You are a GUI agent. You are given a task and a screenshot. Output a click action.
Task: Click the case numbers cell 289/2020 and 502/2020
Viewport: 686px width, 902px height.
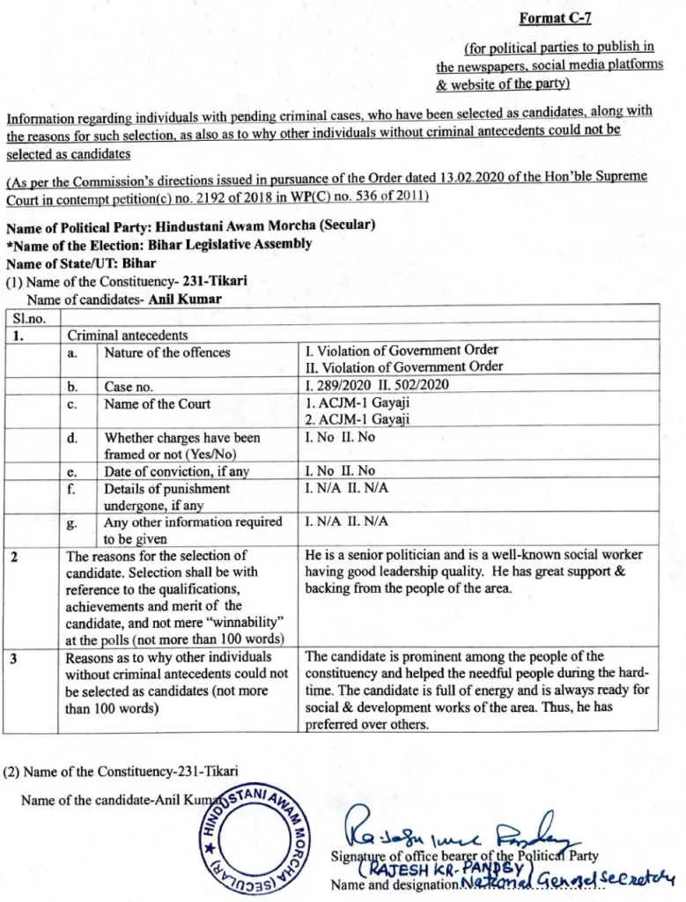click(377, 386)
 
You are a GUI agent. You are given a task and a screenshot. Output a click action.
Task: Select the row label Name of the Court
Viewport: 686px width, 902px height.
click(158, 403)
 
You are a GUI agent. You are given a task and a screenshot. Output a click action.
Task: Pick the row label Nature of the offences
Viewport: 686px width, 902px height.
click(167, 352)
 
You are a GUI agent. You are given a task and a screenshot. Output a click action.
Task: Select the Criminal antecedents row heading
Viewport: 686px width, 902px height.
click(128, 336)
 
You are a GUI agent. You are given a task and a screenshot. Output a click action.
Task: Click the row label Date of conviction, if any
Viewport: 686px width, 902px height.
click(177, 471)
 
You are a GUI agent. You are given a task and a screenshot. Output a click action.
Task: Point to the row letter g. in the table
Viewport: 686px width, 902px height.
click(74, 522)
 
